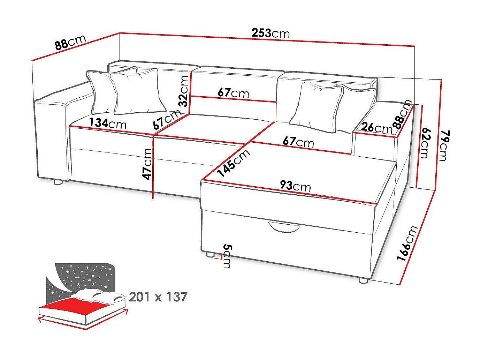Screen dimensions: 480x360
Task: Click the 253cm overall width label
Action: pyautogui.click(x=271, y=33)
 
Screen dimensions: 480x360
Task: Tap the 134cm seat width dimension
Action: pyautogui.click(x=108, y=123)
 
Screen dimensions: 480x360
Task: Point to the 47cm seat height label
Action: pyautogui.click(x=148, y=164)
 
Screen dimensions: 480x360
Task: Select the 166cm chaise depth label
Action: pyautogui.click(x=407, y=243)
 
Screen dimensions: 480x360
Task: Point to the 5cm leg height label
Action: pyautogui.click(x=227, y=256)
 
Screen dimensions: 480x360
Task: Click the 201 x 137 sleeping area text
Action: pyautogui.click(x=158, y=297)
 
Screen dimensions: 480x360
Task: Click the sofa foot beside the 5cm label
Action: pyautogui.click(x=210, y=254)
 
